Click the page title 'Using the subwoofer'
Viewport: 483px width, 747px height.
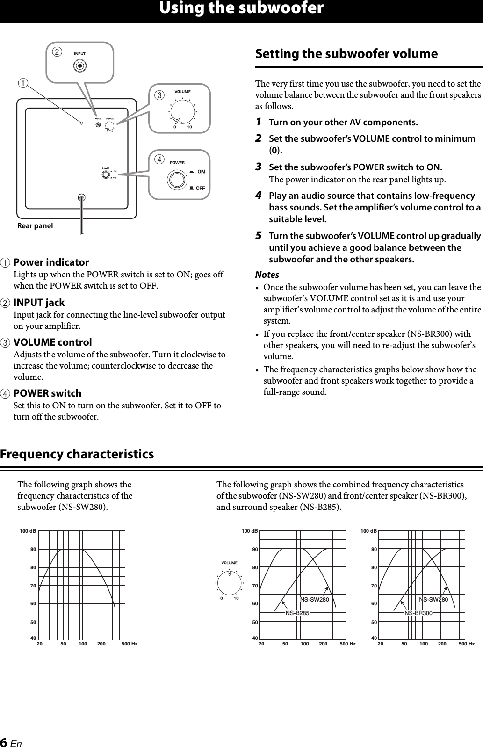[241, 8]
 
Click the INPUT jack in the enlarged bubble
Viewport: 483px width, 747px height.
[80, 66]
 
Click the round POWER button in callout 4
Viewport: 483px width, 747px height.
[177, 180]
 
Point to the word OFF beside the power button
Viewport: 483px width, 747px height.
[200, 188]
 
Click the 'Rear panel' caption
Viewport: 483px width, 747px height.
[35, 226]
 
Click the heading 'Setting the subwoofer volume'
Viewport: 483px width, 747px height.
[346, 54]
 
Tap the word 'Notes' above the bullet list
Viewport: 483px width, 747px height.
[267, 275]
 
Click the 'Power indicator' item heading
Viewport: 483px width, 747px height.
[51, 262]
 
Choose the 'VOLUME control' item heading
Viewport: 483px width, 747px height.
[52, 342]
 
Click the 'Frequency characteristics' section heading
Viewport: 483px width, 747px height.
[77, 454]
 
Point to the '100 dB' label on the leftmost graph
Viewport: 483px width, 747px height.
[28, 531]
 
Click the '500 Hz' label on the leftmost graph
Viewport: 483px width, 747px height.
[129, 644]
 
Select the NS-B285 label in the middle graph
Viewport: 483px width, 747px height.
[297, 613]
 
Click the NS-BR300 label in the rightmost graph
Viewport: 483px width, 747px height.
[418, 613]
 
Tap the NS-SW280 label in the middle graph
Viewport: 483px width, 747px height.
[315, 600]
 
